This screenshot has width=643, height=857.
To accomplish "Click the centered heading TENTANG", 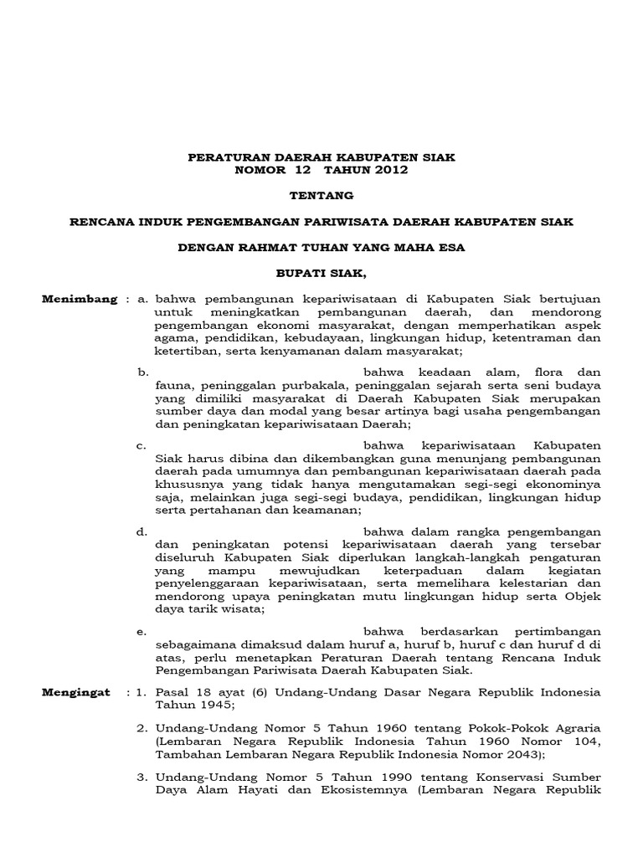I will (321, 196).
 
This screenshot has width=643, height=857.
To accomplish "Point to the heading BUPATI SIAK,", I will (321, 273).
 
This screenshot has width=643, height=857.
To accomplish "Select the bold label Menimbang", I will (80, 299).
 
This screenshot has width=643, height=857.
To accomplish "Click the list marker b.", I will (142, 370).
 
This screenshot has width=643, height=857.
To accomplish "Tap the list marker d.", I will (142, 531).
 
